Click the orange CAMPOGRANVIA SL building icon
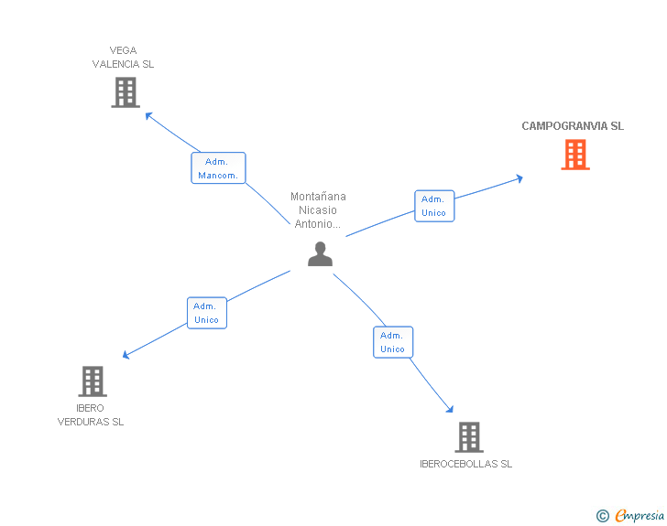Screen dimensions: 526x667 (575, 155)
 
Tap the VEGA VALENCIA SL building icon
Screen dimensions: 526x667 (126, 92)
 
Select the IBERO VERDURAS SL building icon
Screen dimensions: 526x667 (93, 381)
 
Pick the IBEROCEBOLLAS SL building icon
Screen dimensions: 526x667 (469, 437)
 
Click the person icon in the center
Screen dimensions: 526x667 (320, 254)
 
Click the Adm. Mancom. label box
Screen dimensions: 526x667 (218, 168)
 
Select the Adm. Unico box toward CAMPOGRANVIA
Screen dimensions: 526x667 (433, 206)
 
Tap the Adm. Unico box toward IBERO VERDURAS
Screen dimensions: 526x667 (206, 313)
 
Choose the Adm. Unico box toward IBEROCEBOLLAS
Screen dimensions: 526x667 (392, 342)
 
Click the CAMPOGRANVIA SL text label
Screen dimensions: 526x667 (573, 126)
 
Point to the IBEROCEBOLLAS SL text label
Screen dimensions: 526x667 (465, 464)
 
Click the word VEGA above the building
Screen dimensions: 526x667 (123, 51)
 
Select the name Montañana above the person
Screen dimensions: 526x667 (318, 197)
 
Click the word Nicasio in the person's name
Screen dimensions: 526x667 (318, 210)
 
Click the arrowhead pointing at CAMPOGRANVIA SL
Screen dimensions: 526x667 (519, 177)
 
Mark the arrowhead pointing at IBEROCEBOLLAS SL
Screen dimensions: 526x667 (450, 409)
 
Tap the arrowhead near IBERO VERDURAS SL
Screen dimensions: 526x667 (127, 355)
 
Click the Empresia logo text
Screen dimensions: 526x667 (639, 516)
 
